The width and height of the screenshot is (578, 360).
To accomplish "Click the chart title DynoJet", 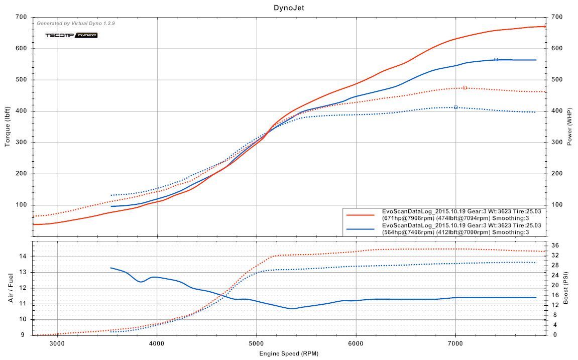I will pyautogui.click(x=289, y=8).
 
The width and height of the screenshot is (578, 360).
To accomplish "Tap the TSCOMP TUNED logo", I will pyautogui.click(x=71, y=35).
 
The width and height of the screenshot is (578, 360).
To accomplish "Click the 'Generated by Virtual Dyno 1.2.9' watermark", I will pyautogui.click(x=76, y=23).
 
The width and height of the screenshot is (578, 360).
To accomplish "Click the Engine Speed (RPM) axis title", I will pyautogui.click(x=289, y=353).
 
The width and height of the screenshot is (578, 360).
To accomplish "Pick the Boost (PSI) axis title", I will pyautogui.click(x=566, y=288).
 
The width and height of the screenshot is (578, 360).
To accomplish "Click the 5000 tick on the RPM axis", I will pyautogui.click(x=257, y=343).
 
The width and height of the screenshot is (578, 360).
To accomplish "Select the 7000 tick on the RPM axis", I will pyautogui.click(x=455, y=343).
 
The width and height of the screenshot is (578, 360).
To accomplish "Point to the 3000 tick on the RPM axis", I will pyautogui.click(x=58, y=343).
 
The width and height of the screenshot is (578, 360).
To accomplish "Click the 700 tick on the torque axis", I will pyautogui.click(x=21, y=17).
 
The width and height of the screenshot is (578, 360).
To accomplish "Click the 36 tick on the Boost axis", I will pyautogui.click(x=555, y=245).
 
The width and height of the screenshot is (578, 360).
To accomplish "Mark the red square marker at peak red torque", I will pyautogui.click(x=465, y=88).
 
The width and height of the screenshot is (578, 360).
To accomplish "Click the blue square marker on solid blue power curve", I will pyautogui.click(x=496, y=59).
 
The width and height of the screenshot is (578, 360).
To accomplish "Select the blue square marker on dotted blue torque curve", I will pyautogui.click(x=455, y=107).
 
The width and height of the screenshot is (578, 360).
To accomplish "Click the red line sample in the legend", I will pyautogui.click(x=361, y=214).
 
